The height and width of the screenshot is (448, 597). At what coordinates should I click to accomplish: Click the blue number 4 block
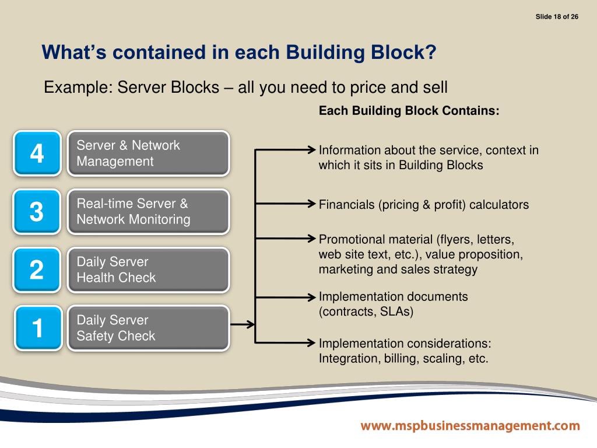[37, 153]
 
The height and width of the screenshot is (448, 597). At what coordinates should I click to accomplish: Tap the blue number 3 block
[37, 211]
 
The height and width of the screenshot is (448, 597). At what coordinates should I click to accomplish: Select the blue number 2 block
[37, 269]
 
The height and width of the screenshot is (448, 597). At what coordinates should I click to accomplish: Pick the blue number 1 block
[37, 328]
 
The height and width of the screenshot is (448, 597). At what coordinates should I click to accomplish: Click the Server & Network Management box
[148, 153]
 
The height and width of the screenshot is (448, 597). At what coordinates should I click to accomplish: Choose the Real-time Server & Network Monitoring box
[148, 211]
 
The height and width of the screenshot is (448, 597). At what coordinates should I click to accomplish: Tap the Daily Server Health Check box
[148, 269]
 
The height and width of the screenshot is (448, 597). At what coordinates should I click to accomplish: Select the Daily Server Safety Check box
[148, 328]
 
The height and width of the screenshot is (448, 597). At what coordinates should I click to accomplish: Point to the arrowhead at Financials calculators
[311, 204]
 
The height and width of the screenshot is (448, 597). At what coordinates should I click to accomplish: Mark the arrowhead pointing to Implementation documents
[311, 297]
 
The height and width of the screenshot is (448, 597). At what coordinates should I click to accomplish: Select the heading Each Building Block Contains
[409, 111]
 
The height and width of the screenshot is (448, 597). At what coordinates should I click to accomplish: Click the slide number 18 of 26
[557, 16]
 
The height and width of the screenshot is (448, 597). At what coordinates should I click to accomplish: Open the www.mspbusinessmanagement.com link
[470, 426]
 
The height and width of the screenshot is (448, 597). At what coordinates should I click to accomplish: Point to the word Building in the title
[321, 52]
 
